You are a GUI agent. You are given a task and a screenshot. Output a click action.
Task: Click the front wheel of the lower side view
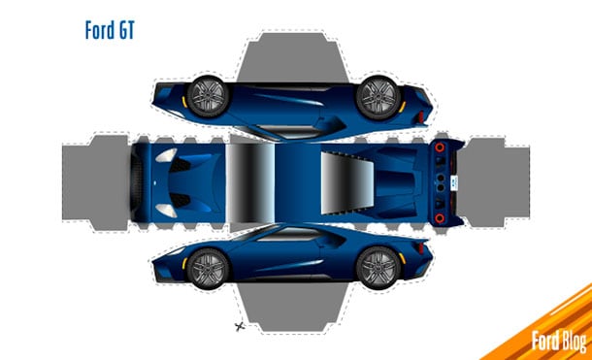(x=206, y=265)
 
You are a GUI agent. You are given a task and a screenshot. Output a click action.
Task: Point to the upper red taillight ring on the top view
(x=444, y=147)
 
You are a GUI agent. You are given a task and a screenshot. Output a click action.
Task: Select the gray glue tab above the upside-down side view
(x=291, y=53)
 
